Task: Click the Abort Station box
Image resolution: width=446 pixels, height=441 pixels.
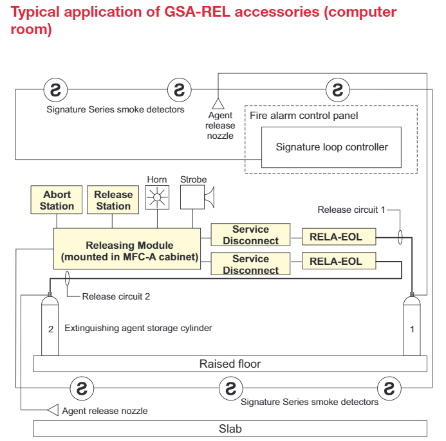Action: tap(57, 200)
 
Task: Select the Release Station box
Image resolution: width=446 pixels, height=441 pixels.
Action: tap(113, 200)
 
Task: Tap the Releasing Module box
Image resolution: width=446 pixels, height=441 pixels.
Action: tap(127, 249)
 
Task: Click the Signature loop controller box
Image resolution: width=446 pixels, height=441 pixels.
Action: tap(331, 147)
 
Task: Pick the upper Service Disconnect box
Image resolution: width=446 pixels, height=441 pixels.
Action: tap(250, 235)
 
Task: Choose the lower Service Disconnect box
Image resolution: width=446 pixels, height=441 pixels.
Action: tap(250, 264)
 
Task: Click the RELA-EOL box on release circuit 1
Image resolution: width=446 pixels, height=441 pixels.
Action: tap(339, 237)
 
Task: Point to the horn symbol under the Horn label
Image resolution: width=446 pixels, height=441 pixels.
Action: tap(157, 197)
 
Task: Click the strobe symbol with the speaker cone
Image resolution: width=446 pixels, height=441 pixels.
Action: tap(197, 197)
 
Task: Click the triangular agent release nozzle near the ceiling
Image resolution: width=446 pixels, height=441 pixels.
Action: tap(218, 104)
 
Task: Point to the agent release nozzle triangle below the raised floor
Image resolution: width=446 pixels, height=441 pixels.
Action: tap(53, 410)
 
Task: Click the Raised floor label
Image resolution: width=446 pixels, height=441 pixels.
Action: tap(230, 364)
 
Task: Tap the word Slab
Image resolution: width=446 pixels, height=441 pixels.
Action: tap(230, 429)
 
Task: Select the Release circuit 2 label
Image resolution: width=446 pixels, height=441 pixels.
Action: tap(116, 296)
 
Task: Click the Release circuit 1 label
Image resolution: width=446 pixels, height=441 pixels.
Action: tap(351, 210)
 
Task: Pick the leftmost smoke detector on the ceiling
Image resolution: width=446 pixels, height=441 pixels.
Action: tap(56, 90)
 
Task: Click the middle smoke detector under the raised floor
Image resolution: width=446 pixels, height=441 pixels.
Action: tap(231, 388)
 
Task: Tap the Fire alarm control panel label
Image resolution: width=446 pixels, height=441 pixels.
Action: tap(304, 115)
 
